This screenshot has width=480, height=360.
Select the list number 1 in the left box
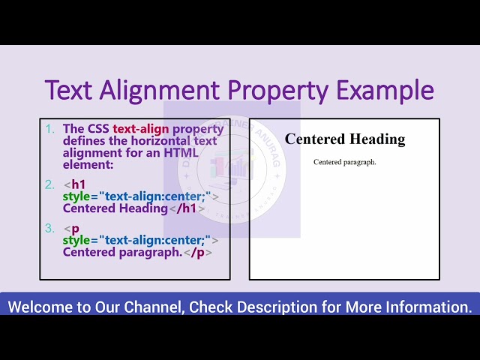click(50, 129)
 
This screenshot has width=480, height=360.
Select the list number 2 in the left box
click(50, 184)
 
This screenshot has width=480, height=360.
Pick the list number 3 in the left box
click(50, 228)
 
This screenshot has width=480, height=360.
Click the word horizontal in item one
click(158, 141)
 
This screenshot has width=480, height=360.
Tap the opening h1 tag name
click(79, 184)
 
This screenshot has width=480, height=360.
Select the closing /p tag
click(199, 252)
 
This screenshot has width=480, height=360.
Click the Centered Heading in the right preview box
click(345, 139)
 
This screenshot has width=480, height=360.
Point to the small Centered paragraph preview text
click(345, 162)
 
